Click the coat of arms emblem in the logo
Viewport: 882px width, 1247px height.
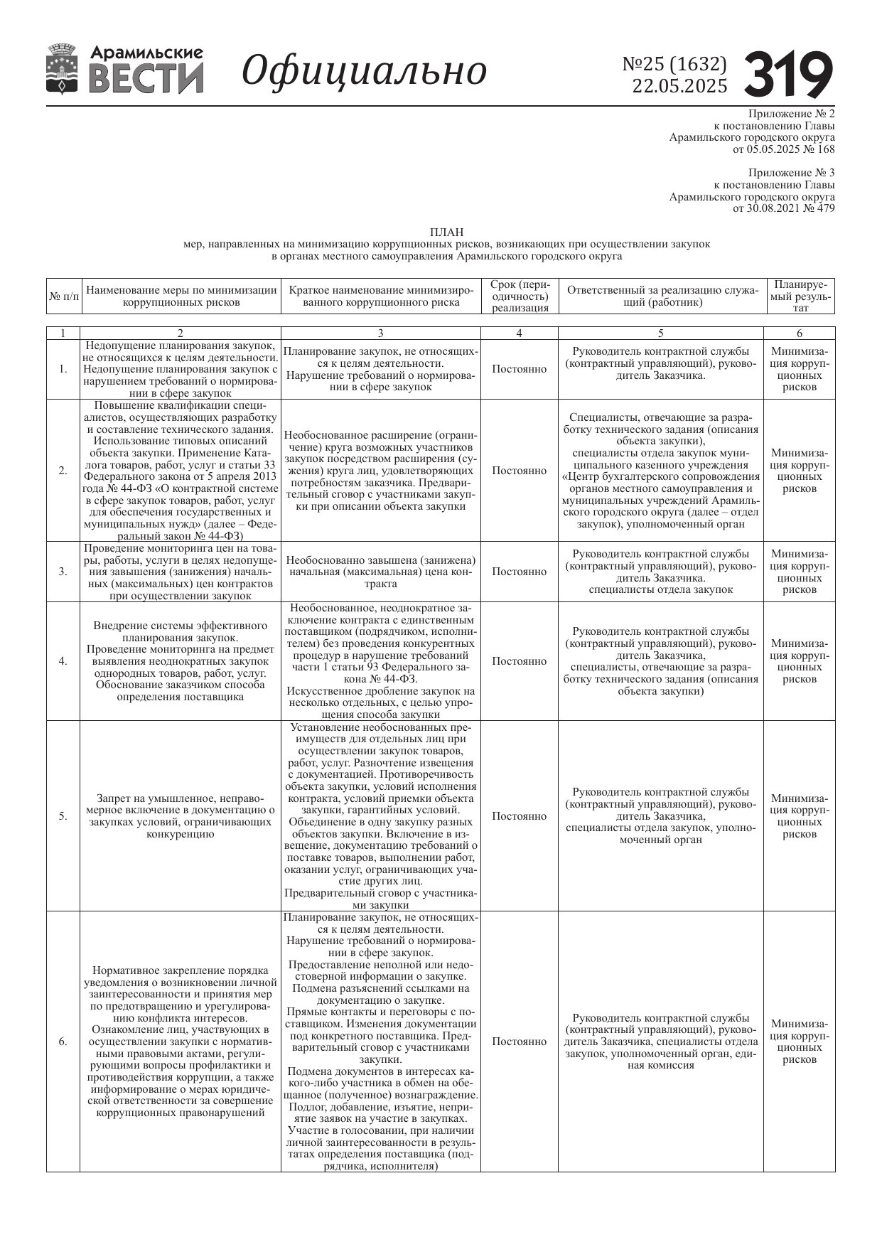tap(62, 69)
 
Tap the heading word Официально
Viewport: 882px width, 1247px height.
tap(364, 70)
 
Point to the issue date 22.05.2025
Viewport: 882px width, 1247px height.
tap(679, 86)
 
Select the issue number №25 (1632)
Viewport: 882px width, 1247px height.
tap(674, 64)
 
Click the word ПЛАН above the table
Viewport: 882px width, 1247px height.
tap(446, 232)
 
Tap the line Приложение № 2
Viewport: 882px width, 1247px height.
tap(791, 114)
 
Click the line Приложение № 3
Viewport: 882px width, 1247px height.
tap(791, 173)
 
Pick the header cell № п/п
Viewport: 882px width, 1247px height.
tap(63, 296)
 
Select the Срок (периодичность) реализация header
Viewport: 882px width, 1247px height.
tap(519, 296)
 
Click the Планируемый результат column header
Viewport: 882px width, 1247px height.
tap(800, 296)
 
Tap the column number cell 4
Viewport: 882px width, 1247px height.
tap(519, 333)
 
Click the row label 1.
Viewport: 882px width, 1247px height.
tap(63, 369)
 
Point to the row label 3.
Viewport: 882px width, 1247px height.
tap(63, 572)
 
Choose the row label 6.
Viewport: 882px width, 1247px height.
tap(63, 1042)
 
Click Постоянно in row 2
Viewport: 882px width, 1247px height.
tap(519, 471)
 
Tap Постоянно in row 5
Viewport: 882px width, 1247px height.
tap(519, 816)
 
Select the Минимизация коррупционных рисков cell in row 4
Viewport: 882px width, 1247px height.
tap(800, 661)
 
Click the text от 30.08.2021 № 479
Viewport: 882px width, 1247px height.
tap(783, 208)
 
